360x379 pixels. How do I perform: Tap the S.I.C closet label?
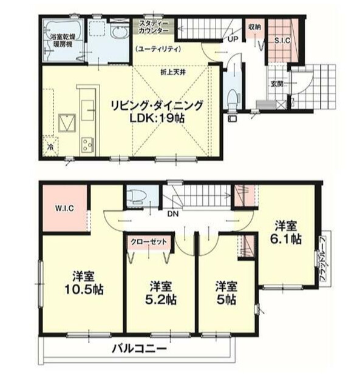282,41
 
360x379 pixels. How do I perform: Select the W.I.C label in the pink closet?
64,209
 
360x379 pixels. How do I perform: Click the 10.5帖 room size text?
84,289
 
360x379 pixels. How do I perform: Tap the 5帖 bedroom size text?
226,300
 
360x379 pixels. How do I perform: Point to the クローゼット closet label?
150,241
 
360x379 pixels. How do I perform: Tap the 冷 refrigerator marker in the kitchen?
51,146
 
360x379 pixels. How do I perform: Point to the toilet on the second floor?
137,196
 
